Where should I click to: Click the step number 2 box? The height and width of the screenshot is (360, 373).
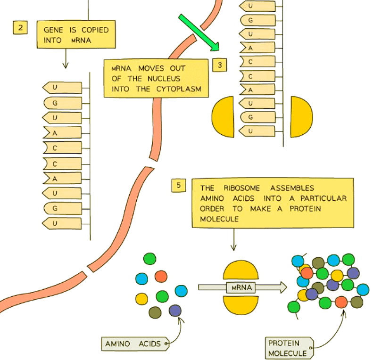[x=20, y=28]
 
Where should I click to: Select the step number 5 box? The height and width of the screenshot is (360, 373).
[x=179, y=185]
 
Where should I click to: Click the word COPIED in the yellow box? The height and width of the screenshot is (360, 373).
[x=95, y=30]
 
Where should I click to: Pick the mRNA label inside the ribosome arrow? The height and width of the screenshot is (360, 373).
[x=241, y=287]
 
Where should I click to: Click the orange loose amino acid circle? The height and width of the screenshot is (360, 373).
[x=161, y=276]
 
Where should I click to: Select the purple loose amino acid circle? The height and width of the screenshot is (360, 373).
[x=175, y=310]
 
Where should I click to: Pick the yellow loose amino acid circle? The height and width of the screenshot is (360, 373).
[x=141, y=298]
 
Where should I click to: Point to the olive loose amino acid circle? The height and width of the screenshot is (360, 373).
[x=155, y=312]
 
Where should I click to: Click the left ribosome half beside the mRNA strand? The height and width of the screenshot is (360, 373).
[x=224, y=117]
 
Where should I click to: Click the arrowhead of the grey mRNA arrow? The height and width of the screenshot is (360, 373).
[x=282, y=287]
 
